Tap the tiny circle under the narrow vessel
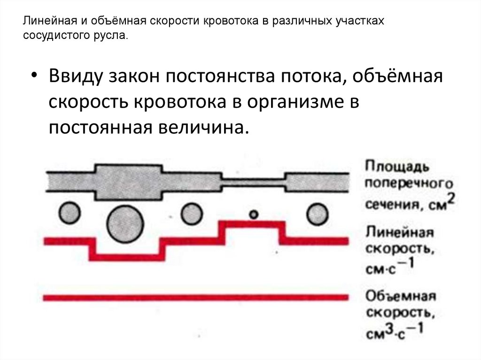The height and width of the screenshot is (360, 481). click(x=254, y=214)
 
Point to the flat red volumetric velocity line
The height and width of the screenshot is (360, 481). click(x=195, y=297)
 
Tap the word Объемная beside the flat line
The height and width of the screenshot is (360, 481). click(x=401, y=297)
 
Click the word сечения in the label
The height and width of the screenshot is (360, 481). click(x=385, y=205)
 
